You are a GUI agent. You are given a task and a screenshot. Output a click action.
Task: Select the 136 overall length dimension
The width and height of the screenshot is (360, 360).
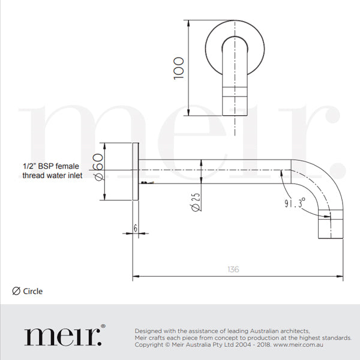(x=233, y=269)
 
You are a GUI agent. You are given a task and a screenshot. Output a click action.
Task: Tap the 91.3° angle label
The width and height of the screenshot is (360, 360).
(x=295, y=203)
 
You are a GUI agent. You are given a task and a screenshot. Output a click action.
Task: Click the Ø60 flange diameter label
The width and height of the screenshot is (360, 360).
(x=100, y=169)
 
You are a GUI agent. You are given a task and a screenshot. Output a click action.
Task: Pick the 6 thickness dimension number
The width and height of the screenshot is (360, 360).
(x=136, y=229)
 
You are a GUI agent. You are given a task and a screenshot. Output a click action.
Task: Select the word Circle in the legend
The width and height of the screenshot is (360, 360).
(x=33, y=292)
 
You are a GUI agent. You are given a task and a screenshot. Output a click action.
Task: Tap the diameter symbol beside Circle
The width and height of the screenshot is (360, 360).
(x=16, y=292)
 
